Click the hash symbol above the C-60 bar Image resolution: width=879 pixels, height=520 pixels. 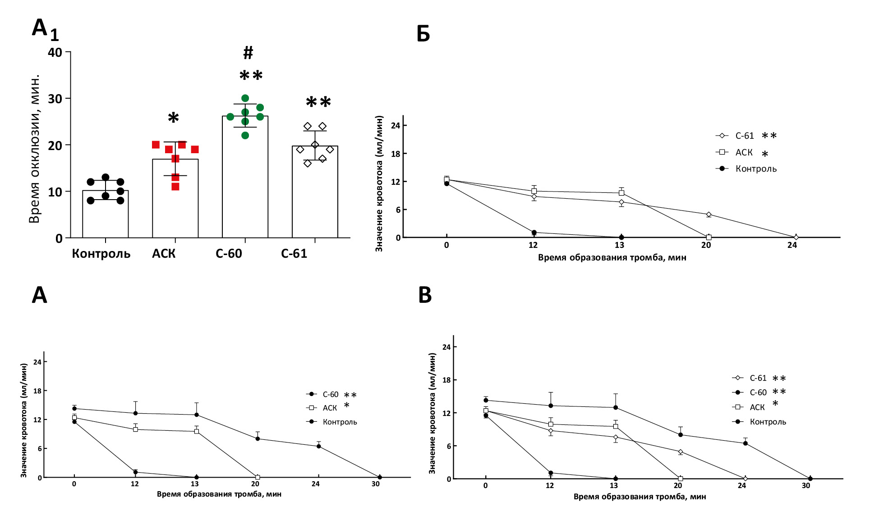click(248, 53)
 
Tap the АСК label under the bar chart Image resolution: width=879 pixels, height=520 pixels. click(164, 254)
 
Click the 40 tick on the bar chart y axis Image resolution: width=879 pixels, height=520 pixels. click(55, 52)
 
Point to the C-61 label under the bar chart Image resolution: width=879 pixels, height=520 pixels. click(294, 254)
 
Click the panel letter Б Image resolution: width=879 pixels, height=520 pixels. click(423, 34)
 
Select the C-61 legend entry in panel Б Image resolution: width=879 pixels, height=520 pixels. click(744, 136)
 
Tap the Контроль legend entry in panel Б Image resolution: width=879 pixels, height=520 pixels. click(755, 169)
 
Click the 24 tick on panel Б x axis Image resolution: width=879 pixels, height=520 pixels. click(792, 245)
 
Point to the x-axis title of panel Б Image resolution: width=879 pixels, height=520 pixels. click(612, 258)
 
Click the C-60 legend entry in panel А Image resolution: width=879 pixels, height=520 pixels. click(330, 395)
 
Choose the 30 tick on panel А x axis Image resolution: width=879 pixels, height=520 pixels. click(376, 484)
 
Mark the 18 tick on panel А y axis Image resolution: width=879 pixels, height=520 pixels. click(37, 391)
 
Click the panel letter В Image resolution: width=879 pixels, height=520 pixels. click(425, 295)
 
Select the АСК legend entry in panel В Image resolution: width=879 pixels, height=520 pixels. click(757, 407)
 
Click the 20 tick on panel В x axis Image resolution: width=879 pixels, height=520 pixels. click(678, 486)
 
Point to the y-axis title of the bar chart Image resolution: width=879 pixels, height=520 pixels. click(34, 149)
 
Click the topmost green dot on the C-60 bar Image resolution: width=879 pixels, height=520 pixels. click(245, 98)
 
